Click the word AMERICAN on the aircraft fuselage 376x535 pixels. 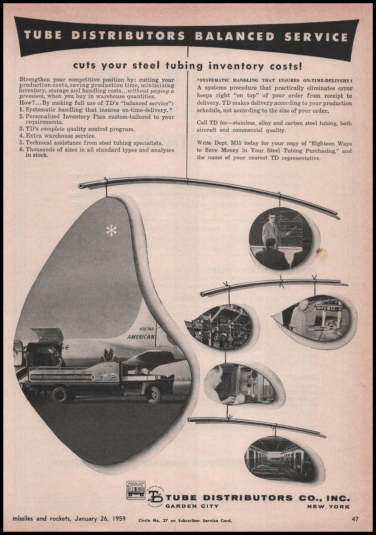click(141, 337)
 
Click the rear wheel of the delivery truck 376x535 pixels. click(60, 394)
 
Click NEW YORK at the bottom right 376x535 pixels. click(329, 507)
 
